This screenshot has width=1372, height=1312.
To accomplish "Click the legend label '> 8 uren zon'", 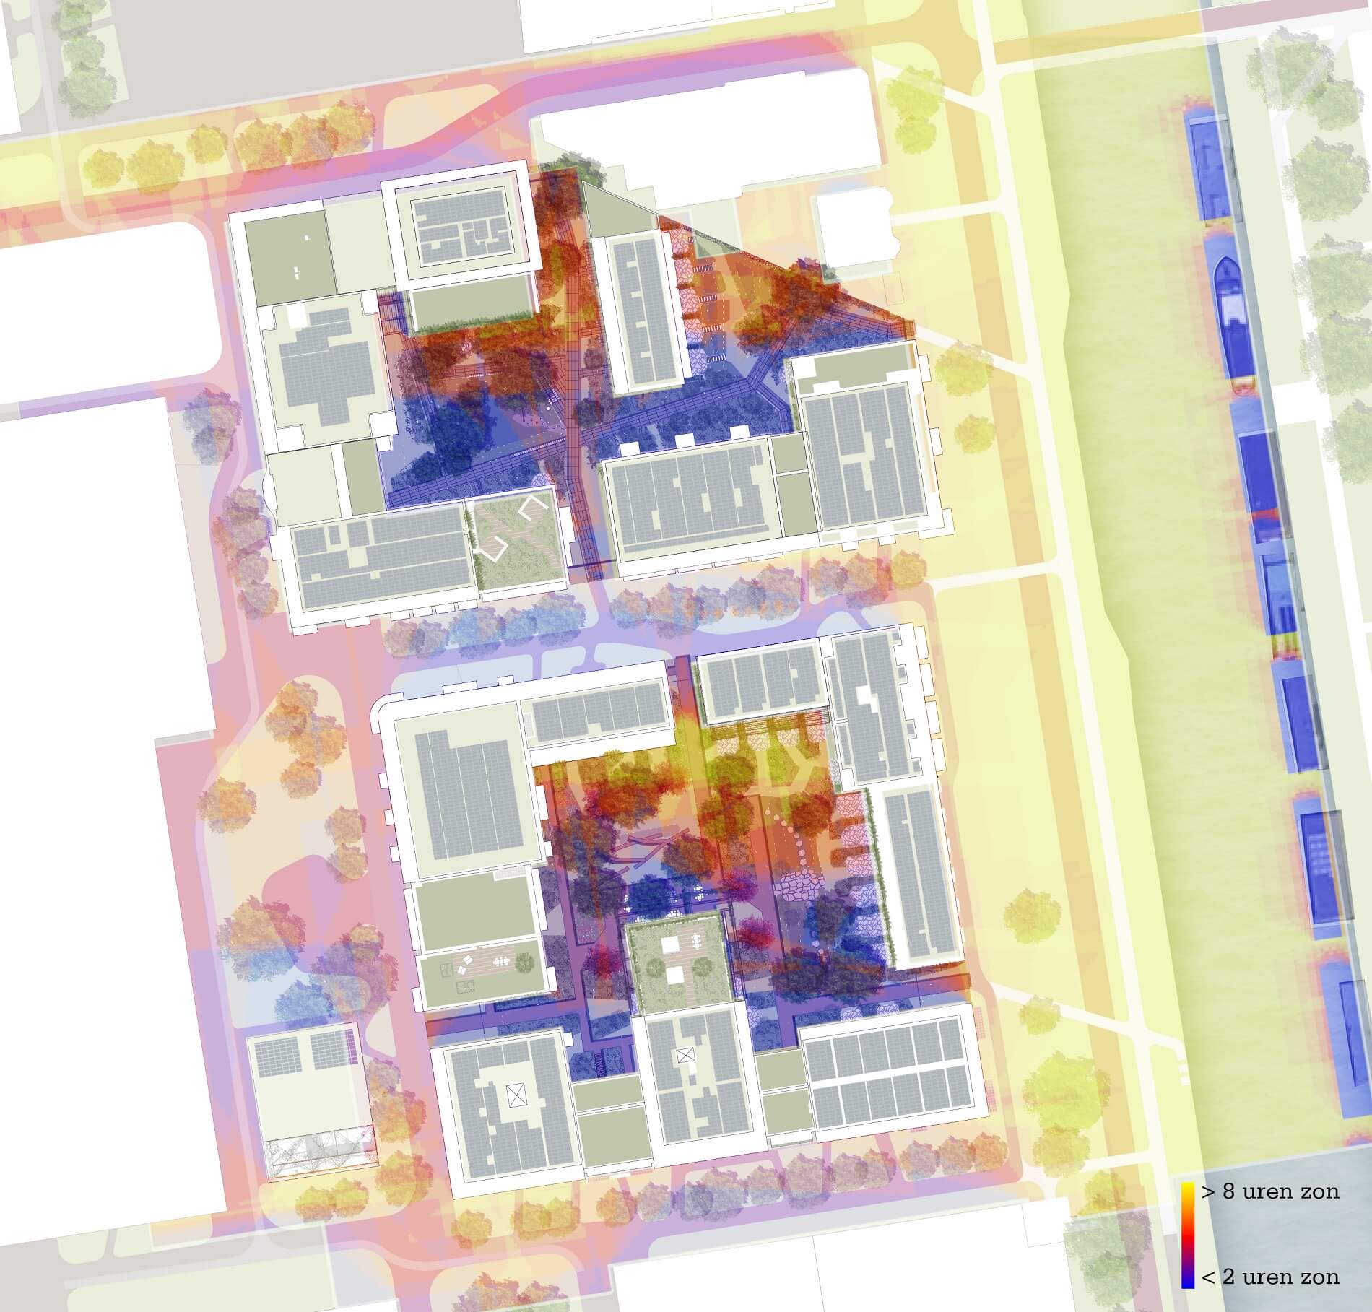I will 1269,1191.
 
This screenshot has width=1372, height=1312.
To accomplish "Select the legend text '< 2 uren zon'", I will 1269,1276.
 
